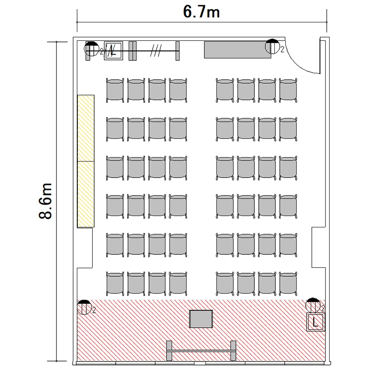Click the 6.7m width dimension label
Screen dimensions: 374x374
201,12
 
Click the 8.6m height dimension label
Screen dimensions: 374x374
45,201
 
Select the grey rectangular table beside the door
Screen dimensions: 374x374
237,50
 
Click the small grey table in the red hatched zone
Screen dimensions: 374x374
201,319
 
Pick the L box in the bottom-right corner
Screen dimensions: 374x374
316,322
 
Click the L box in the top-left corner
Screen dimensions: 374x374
114,50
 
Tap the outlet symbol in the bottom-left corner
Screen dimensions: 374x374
84,307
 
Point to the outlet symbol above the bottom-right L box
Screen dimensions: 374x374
313,305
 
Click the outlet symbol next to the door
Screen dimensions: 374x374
272,46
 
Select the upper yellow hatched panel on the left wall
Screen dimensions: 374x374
86,128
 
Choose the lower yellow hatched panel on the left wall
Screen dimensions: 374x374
86,194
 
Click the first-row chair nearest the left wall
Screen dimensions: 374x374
115,90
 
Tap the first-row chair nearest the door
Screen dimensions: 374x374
288,90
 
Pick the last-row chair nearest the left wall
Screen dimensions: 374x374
115,284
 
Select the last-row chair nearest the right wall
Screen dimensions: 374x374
288,284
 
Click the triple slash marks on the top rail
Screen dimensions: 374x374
156,50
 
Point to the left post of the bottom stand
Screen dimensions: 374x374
169,351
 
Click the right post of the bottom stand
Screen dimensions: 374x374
233,351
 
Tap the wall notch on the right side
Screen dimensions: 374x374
319,247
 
